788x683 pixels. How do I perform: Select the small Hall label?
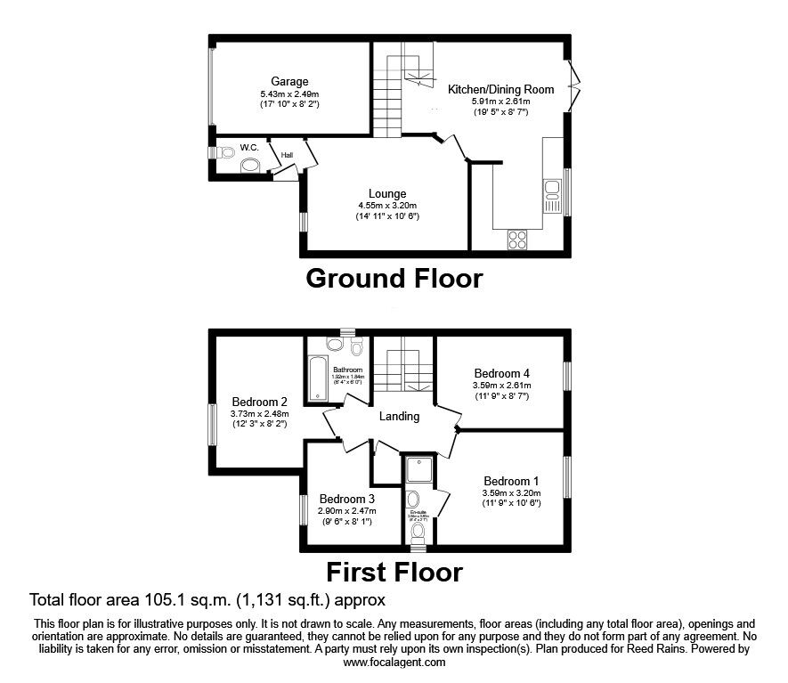coord(287,155)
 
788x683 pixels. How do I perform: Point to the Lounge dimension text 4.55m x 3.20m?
coord(387,205)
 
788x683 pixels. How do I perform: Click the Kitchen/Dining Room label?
coord(500,89)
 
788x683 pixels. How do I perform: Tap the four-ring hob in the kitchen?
coord(516,239)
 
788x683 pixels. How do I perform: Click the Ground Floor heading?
coord(394,279)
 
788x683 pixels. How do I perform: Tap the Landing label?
coord(399,416)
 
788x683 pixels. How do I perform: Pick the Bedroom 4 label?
coord(501,373)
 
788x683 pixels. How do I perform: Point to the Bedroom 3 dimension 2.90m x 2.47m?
coord(347,511)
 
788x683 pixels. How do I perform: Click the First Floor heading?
coord(394,571)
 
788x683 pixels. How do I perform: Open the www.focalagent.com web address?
coord(394,663)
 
